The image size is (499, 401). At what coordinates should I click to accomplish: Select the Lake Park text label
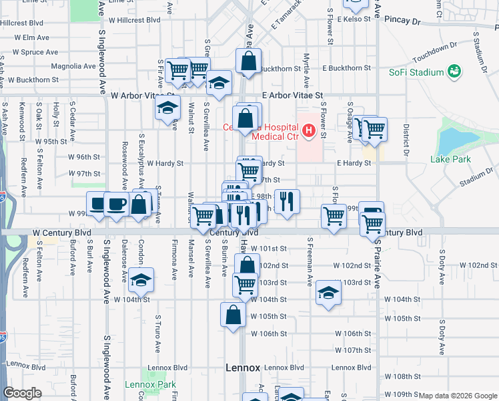[450, 159]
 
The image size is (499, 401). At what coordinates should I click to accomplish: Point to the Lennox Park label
[153, 384]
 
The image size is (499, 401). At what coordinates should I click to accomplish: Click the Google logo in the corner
[22, 393]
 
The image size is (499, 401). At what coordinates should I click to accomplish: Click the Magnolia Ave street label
[73, 66]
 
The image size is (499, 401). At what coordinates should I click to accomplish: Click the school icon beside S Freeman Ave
[327, 293]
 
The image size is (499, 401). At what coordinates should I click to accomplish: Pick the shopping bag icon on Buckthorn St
[248, 61]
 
